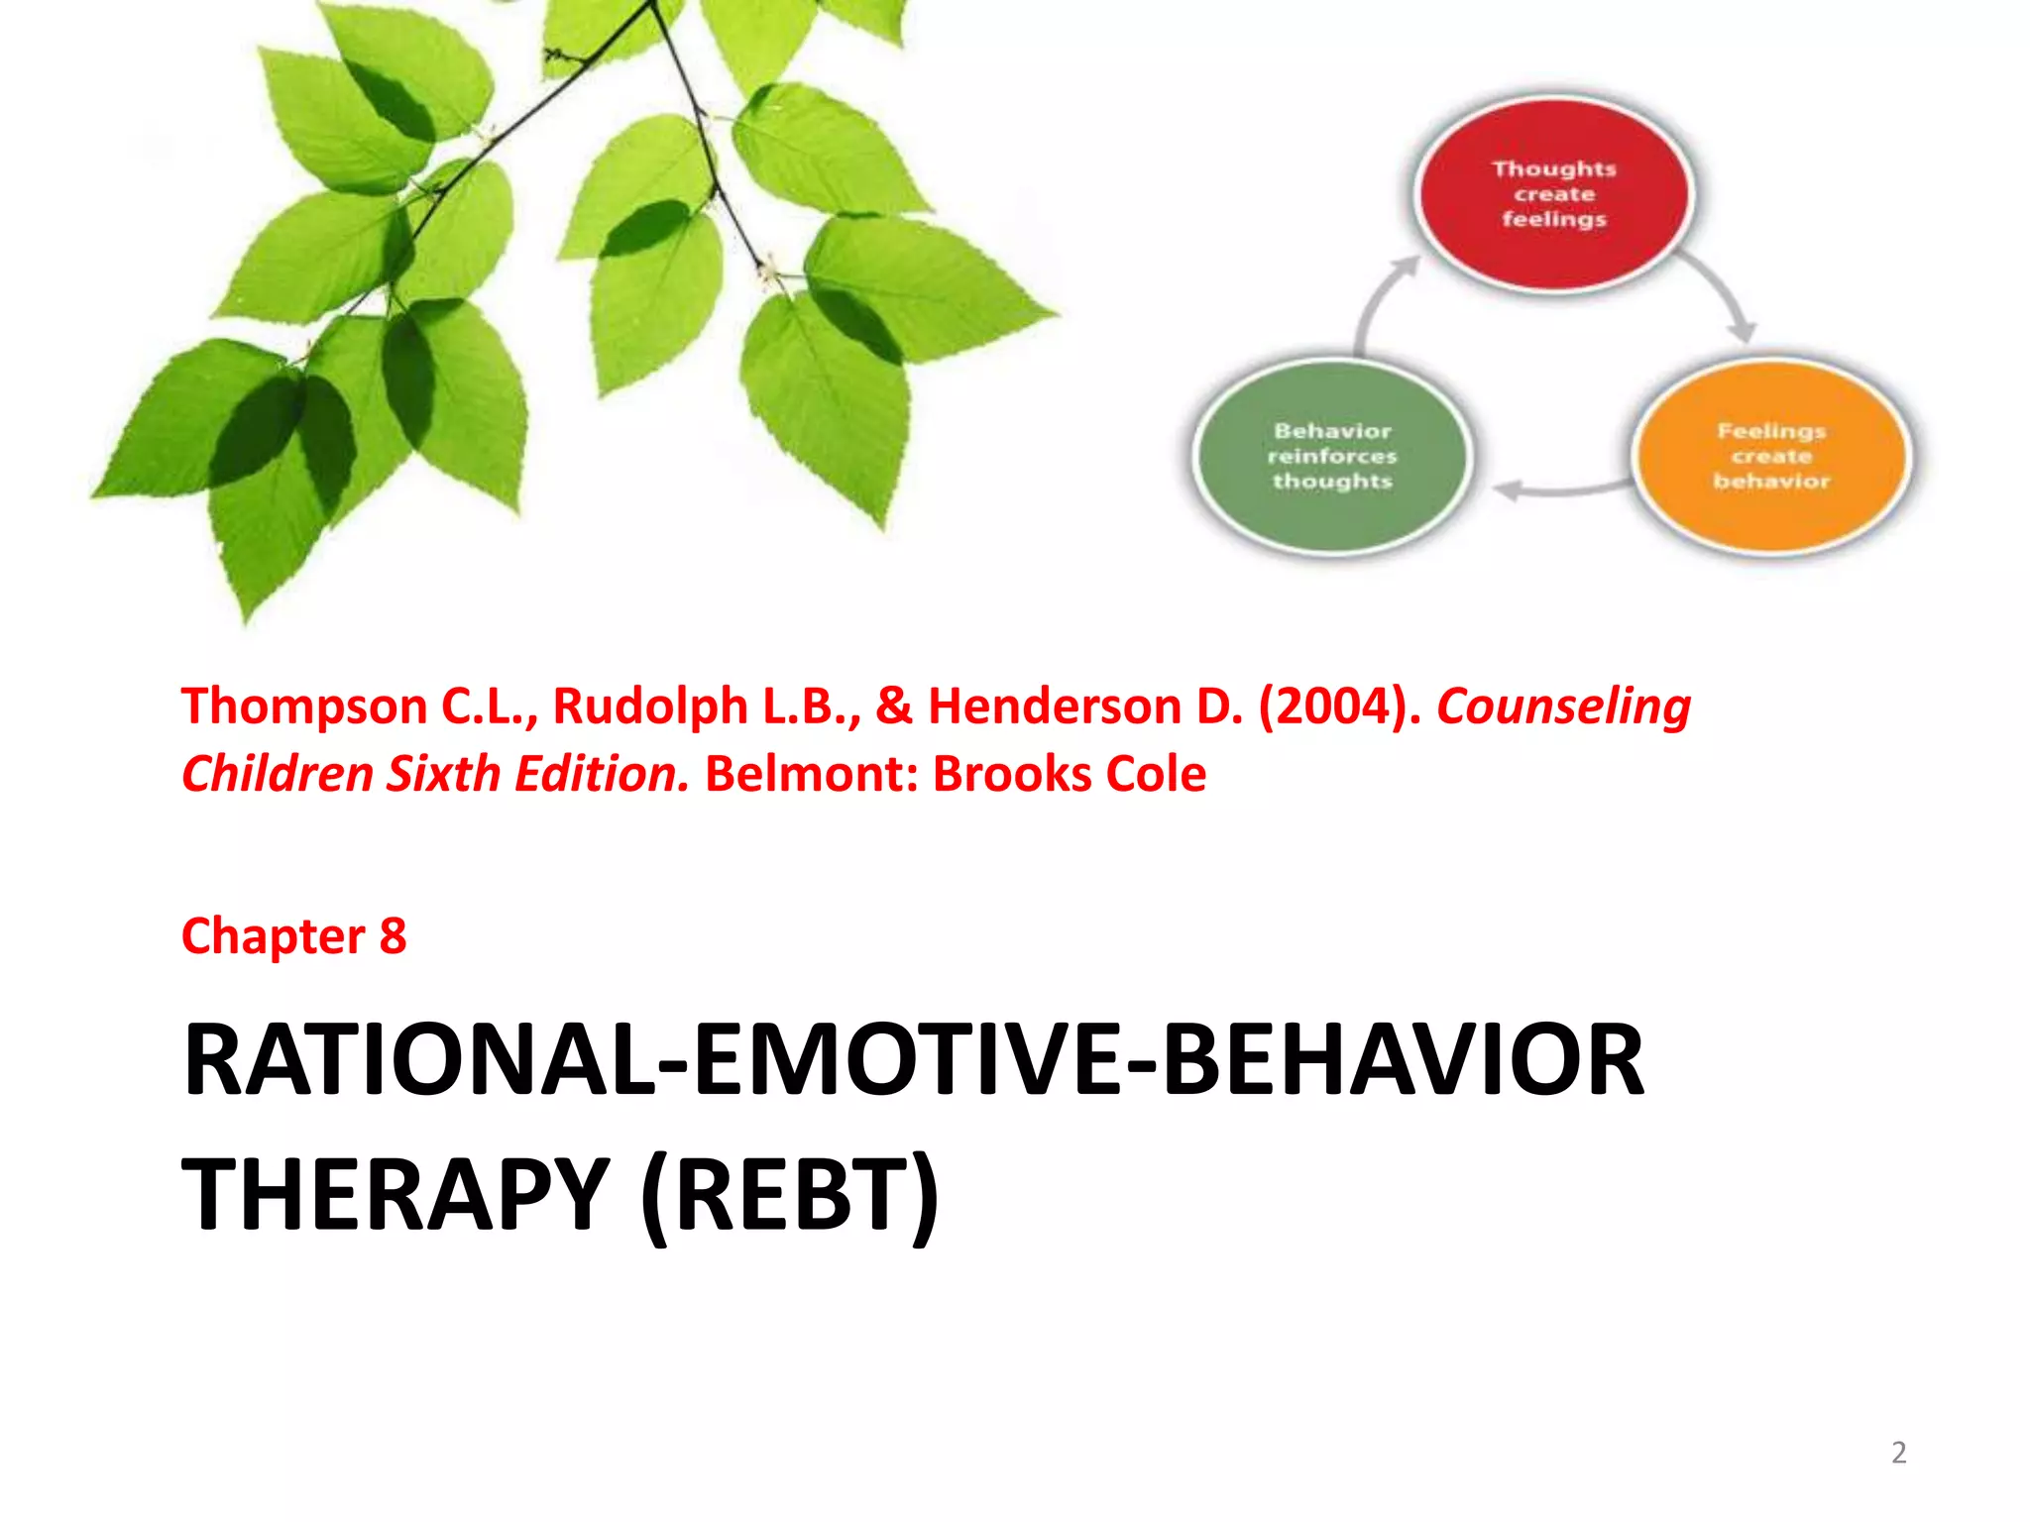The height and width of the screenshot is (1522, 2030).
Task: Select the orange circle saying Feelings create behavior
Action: [x=1771, y=457]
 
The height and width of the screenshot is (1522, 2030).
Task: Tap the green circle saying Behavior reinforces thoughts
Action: [x=1332, y=457]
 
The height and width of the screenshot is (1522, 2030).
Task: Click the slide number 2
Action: [x=1898, y=1453]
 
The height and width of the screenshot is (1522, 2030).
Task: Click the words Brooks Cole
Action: [x=1070, y=775]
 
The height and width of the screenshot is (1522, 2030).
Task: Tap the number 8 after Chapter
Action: [x=393, y=936]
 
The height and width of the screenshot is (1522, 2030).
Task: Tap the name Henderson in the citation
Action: [x=1084, y=707]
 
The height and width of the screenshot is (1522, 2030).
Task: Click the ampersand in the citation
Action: [x=893, y=707]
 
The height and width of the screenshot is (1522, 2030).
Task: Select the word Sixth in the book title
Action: [x=443, y=775]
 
